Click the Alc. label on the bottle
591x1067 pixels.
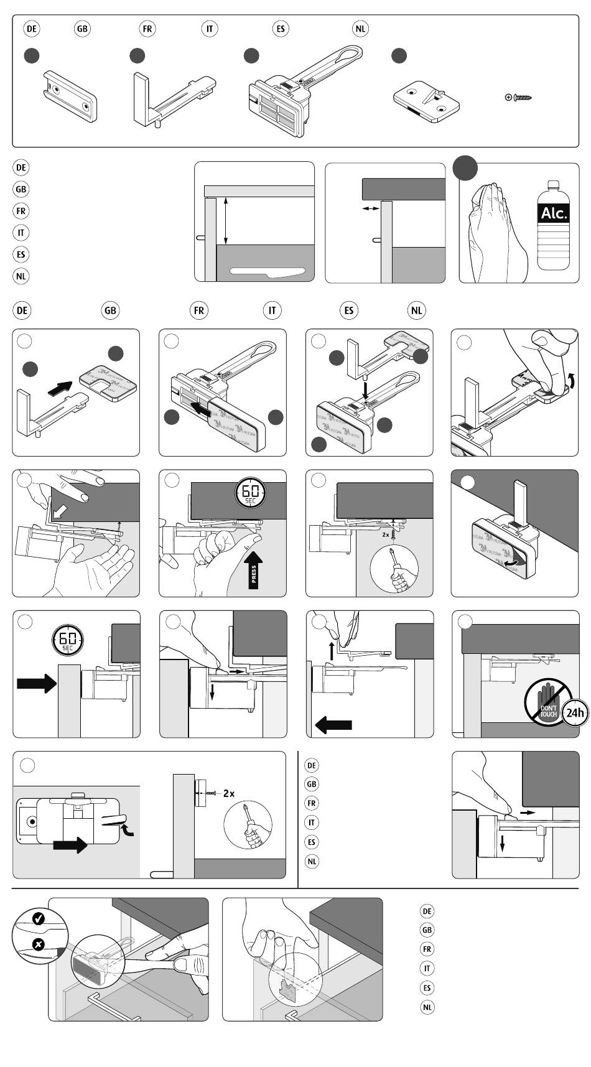point(554,213)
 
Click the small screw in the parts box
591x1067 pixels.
point(520,97)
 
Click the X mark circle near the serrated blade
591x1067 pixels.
point(38,944)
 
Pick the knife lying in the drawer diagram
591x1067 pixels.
point(268,271)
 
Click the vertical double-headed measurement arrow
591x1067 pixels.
point(226,220)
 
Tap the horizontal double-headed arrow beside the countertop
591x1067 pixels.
point(370,209)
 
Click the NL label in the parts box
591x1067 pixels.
point(360,29)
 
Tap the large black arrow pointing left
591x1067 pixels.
point(333,724)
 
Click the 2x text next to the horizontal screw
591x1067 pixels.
point(228,793)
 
